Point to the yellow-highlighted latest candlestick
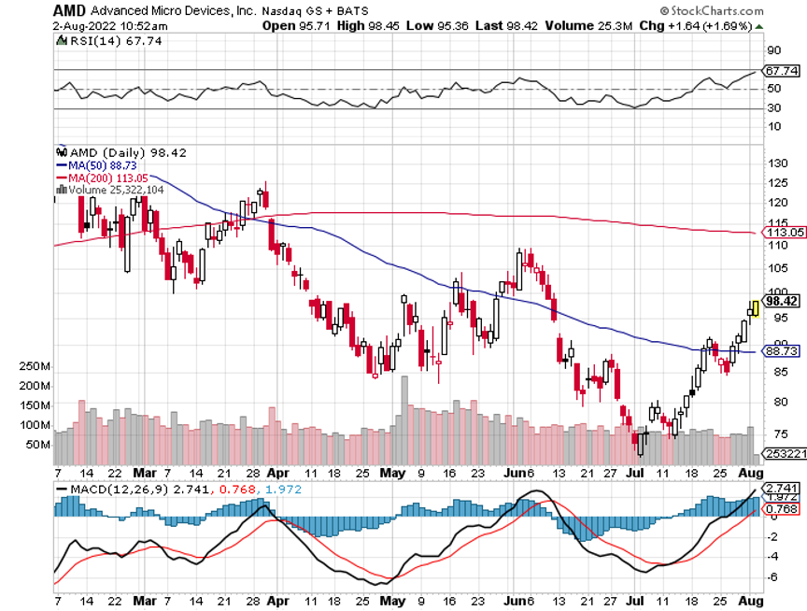(755, 309)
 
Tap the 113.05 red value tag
(783, 232)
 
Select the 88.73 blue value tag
(781, 352)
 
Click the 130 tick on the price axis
(775, 163)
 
